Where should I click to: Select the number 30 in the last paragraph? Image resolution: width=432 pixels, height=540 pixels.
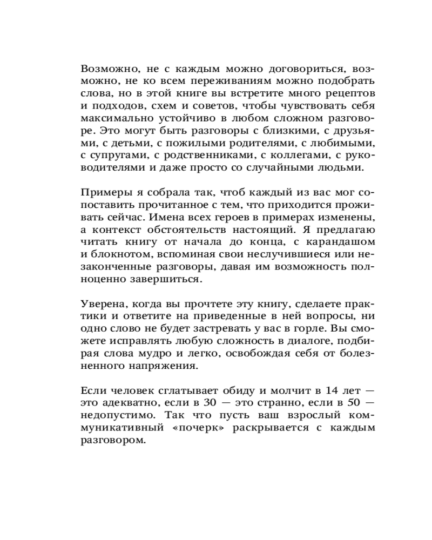(x=209, y=402)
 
